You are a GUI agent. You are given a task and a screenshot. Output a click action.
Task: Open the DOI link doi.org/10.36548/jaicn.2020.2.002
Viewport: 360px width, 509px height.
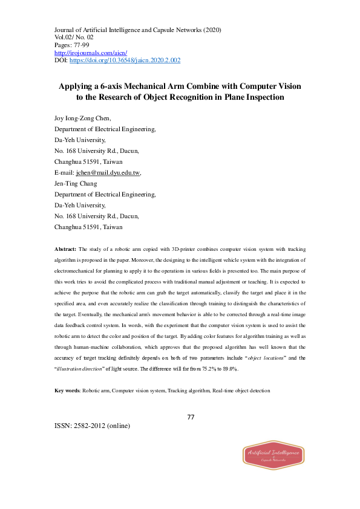[x=125, y=60]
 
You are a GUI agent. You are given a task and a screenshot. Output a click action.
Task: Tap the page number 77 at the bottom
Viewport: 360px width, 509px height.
[x=190, y=417]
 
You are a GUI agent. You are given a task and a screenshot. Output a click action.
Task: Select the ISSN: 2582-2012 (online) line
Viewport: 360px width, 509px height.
[x=92, y=425]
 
